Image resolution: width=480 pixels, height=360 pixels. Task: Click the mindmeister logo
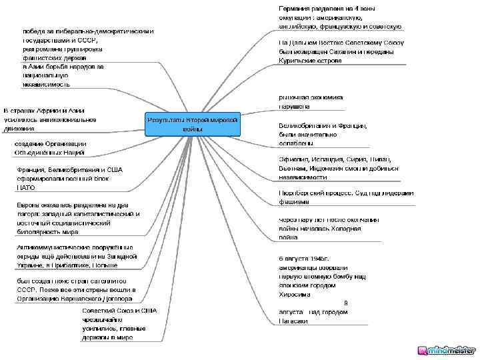click(x=446, y=350)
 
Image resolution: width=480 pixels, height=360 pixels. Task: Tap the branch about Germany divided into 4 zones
click(x=339, y=17)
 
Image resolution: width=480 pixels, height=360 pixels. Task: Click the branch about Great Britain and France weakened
click(x=323, y=134)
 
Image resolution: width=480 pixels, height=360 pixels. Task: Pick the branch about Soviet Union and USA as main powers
click(x=119, y=324)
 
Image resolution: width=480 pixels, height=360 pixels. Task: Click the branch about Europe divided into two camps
click(x=77, y=219)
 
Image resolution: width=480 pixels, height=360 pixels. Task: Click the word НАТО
click(x=26, y=188)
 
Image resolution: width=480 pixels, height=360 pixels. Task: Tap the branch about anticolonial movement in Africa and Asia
click(x=50, y=119)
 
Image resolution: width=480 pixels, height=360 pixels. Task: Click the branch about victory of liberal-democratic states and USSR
click(x=87, y=58)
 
